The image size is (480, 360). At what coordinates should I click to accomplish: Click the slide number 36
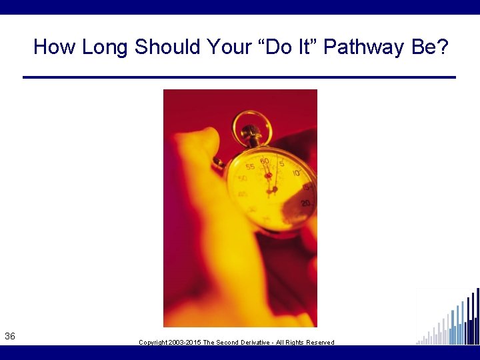10,337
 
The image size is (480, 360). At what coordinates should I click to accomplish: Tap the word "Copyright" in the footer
153,343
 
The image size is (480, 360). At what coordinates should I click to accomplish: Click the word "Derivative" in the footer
259,343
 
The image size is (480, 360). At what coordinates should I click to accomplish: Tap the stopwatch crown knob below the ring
251,135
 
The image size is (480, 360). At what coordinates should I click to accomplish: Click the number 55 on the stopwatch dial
251,167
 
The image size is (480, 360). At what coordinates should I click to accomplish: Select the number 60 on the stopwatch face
265,161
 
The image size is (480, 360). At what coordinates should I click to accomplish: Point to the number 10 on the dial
295,173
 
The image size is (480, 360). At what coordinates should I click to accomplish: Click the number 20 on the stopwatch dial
306,203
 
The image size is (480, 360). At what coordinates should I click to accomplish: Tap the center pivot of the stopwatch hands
272,189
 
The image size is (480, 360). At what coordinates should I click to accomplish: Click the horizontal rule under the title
239,77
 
